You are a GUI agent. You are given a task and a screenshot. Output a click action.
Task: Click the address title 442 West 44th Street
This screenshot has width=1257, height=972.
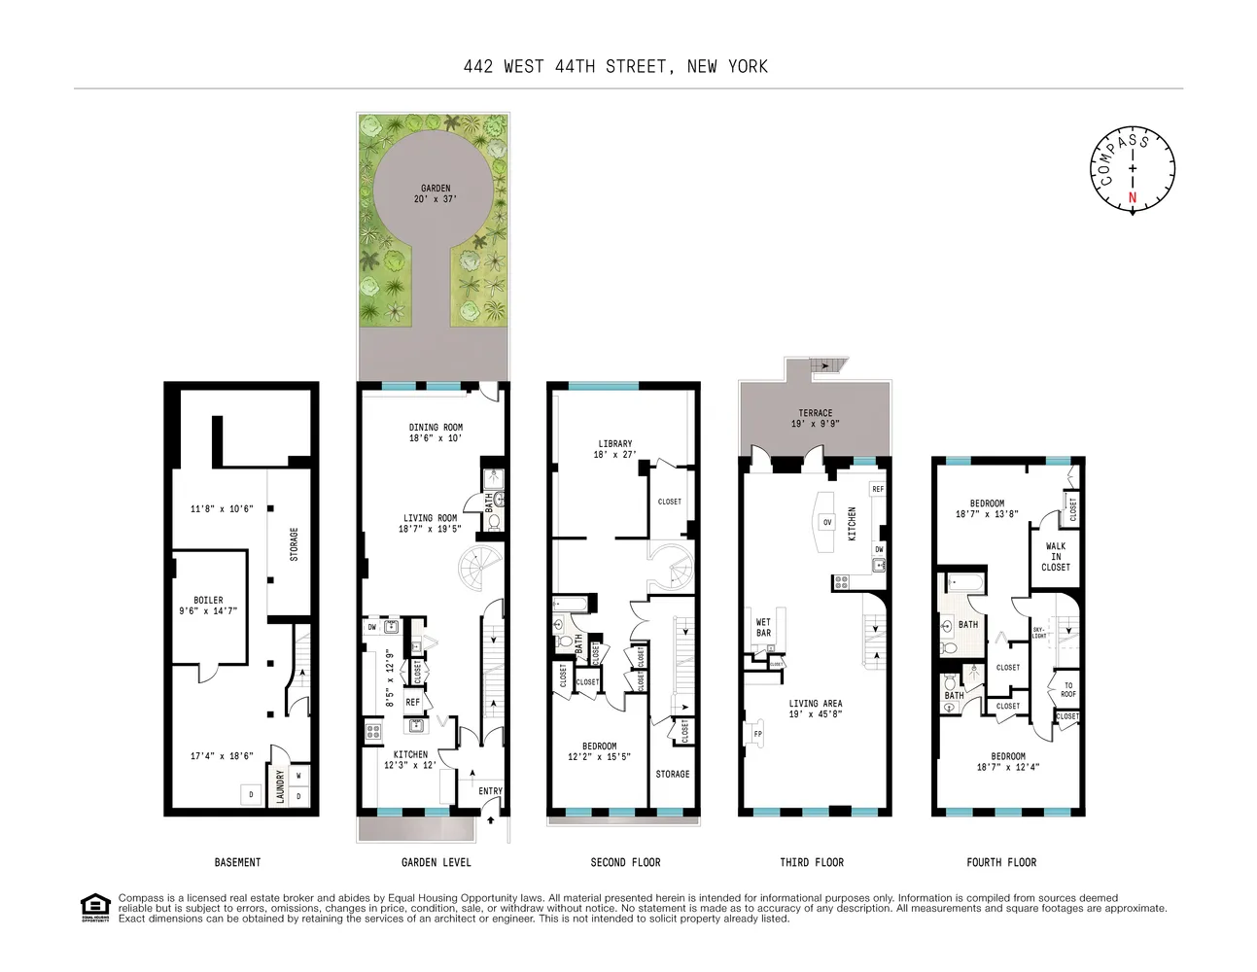[x=615, y=67]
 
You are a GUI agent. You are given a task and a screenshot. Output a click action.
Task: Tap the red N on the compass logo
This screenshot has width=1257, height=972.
[x=1132, y=197]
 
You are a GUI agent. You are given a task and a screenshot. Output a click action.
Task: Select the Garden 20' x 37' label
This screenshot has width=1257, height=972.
[x=436, y=193]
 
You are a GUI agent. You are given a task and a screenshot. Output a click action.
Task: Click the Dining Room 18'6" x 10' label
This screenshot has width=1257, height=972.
[x=436, y=433]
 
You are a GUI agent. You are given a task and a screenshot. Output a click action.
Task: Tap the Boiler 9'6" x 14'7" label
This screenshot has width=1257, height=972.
[x=208, y=606]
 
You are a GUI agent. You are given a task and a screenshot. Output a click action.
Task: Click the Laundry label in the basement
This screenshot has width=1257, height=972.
[x=280, y=786]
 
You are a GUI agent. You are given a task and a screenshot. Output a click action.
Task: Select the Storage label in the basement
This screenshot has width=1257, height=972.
[x=294, y=544]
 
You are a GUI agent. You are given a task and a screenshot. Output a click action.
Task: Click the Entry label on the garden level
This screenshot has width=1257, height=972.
[x=490, y=791]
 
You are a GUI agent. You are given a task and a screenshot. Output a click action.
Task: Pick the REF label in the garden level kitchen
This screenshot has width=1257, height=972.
[x=413, y=702]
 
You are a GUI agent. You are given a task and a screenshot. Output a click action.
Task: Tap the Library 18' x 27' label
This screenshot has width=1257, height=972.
[x=614, y=449]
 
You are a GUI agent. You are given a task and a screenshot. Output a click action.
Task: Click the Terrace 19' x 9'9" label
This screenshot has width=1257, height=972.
[x=815, y=418]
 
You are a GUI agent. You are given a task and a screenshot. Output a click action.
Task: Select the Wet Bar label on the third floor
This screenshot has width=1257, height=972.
[x=763, y=628]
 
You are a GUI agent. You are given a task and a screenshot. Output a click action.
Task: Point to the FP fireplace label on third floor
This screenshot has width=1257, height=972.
[x=758, y=734]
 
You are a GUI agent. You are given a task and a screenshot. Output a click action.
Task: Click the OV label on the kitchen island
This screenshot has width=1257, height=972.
[x=827, y=523]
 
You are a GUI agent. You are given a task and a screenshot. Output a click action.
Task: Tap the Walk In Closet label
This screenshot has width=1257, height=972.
[x=1055, y=557]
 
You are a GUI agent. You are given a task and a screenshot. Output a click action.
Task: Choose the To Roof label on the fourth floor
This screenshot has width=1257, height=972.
[x=1067, y=689]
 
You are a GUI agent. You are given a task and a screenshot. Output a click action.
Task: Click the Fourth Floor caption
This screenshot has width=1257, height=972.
[x=1001, y=862]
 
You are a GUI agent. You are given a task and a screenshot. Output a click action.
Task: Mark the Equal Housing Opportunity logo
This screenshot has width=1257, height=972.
[x=94, y=907]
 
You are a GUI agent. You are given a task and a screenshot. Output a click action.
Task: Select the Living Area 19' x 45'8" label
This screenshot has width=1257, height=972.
[x=815, y=709]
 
